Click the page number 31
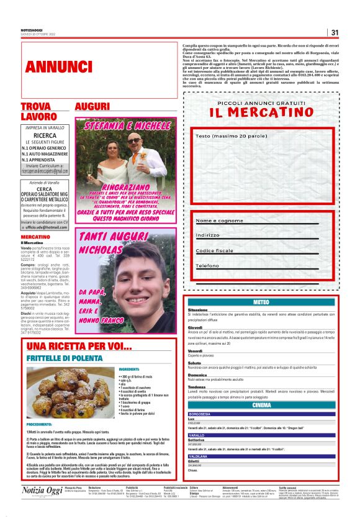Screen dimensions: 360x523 (x=335, y=33)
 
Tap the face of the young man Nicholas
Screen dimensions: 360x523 (x=150, y=279)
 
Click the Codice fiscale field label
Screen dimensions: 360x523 (x=215, y=251)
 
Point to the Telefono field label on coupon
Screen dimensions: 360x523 (x=207, y=266)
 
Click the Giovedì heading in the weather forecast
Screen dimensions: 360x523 (x=196, y=327)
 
